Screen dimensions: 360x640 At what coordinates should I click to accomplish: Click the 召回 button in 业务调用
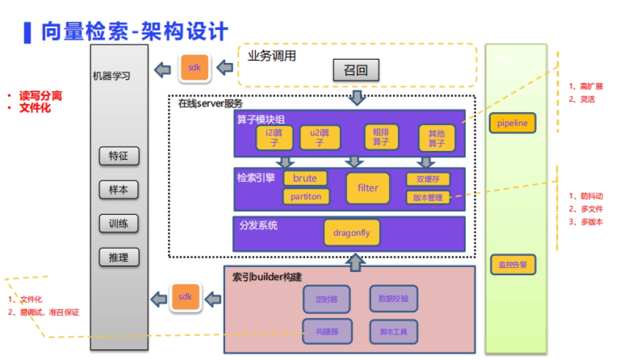356,70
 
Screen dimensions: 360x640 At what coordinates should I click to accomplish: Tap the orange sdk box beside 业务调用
195,67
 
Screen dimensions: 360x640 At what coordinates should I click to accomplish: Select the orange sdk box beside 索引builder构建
185,297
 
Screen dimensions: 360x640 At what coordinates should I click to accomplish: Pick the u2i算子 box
319,138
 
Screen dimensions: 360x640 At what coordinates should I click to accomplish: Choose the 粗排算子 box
381,137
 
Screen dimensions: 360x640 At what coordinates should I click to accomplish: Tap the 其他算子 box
437,138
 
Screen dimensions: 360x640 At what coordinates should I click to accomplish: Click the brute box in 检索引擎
305,178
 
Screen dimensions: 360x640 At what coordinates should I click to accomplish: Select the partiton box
306,196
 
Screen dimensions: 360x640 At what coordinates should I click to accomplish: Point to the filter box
367,188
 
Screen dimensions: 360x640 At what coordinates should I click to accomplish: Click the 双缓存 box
428,179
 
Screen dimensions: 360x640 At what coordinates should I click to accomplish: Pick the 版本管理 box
428,197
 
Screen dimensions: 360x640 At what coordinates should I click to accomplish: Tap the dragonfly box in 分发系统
351,233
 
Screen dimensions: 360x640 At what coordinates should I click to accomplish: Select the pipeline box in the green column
512,123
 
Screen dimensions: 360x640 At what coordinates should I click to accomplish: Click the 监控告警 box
513,265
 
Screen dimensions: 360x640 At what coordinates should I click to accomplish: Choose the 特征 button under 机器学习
118,156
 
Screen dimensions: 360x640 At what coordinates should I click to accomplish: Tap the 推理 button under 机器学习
118,257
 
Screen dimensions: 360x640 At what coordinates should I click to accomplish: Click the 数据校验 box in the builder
393,299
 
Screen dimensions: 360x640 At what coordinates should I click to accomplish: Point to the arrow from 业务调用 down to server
356,98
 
